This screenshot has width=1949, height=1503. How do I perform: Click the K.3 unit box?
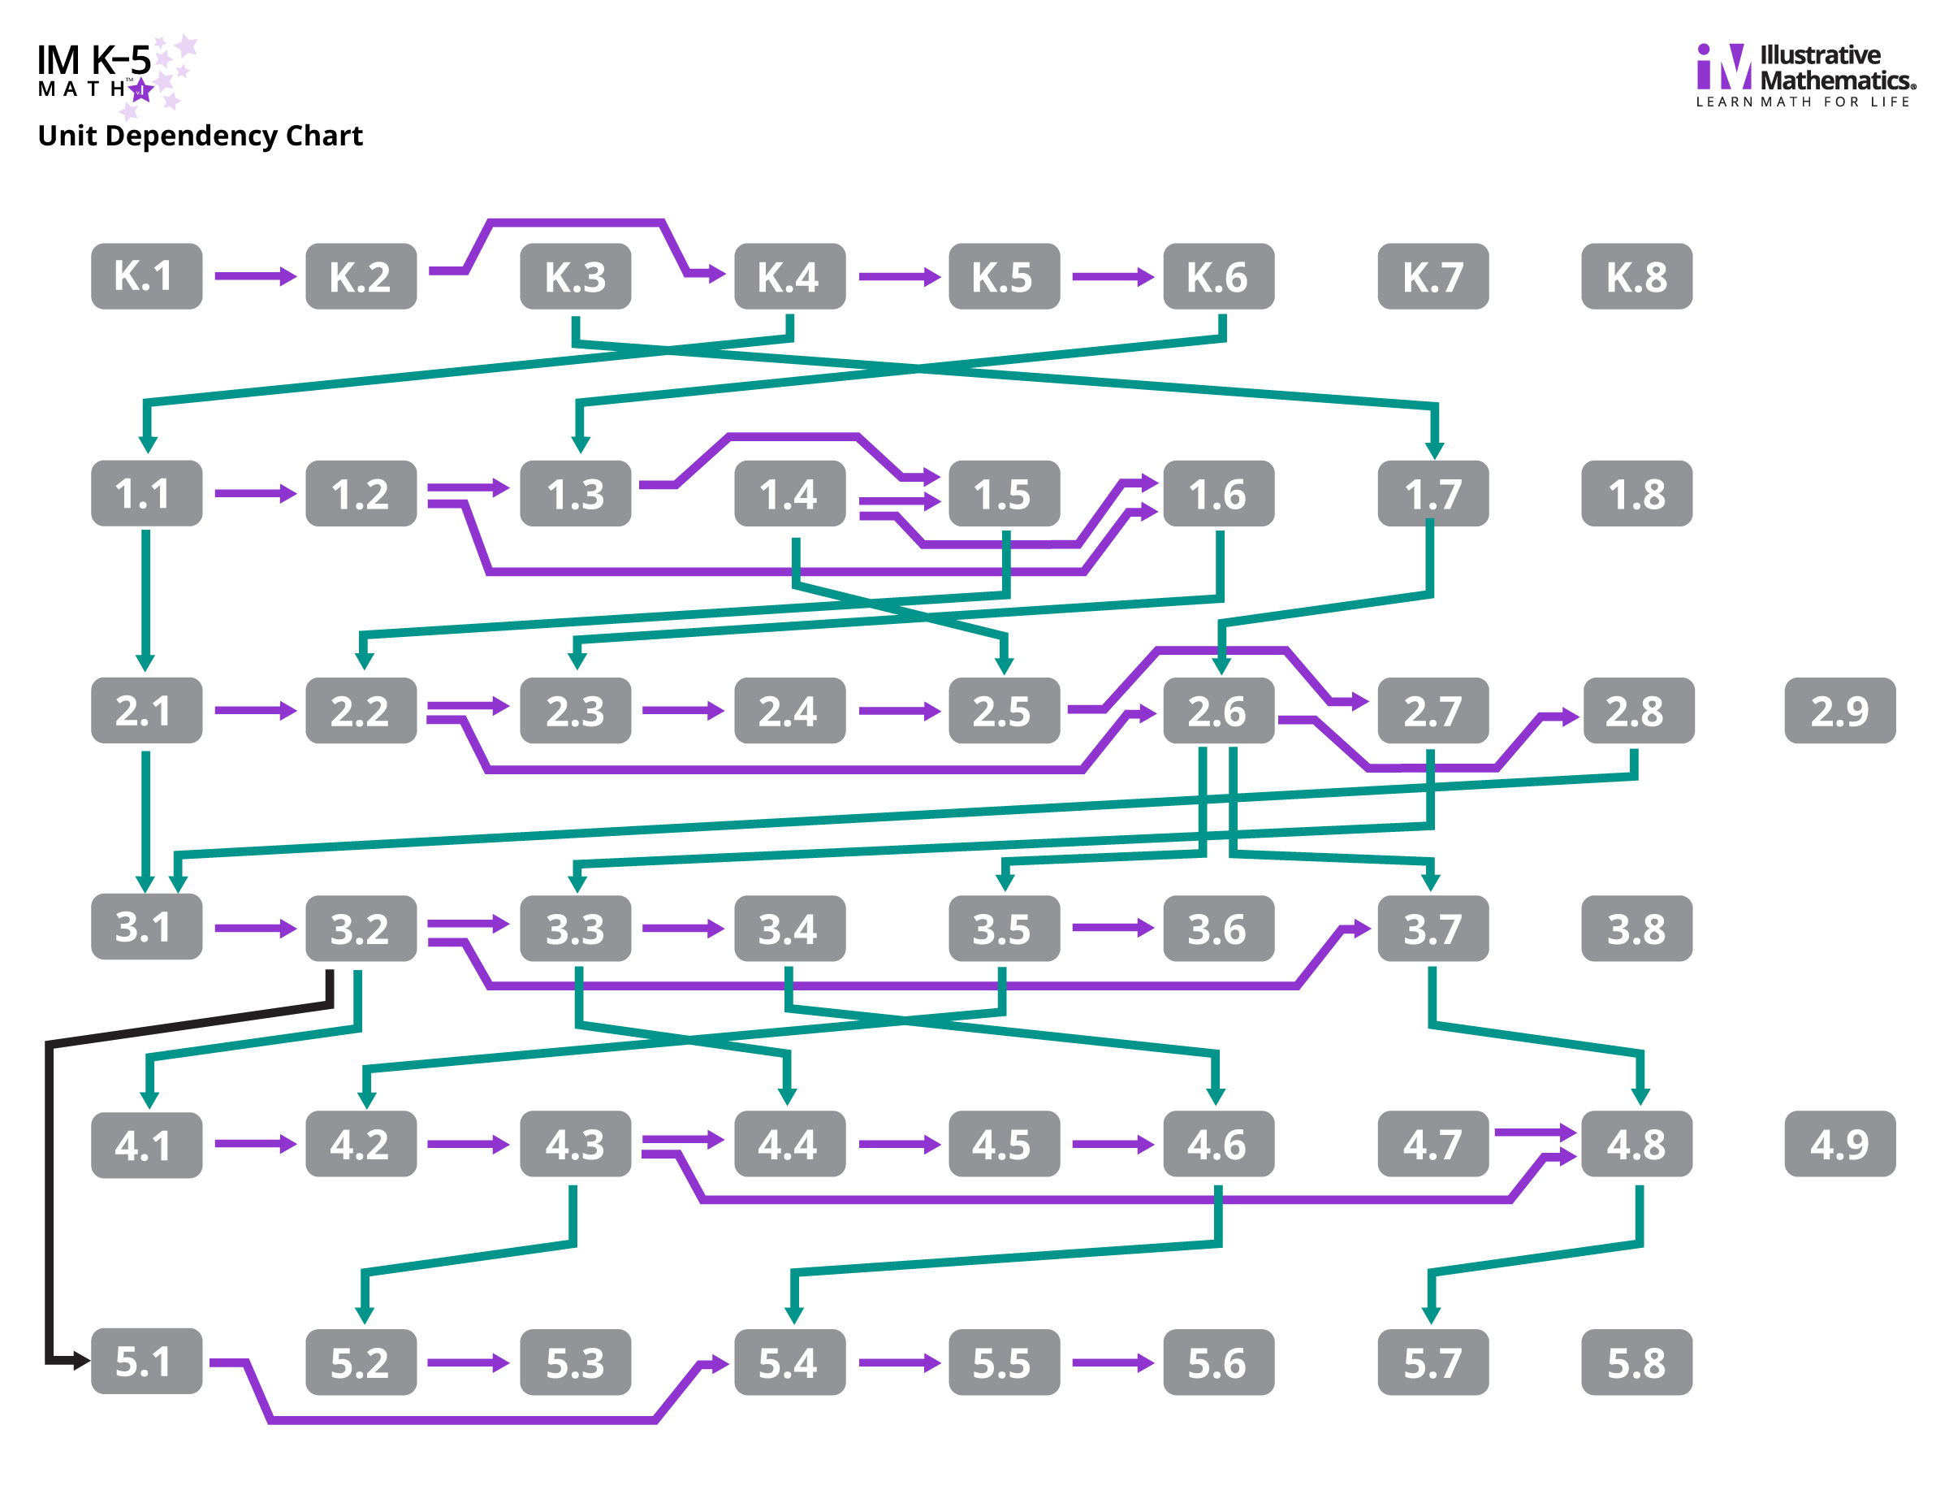click(576, 277)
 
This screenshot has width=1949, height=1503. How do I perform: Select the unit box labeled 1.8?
click(1636, 494)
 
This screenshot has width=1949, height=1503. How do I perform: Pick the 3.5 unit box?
click(1003, 929)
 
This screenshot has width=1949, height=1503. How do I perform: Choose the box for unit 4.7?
click(1433, 1144)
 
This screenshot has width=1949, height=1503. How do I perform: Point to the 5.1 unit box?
click(146, 1361)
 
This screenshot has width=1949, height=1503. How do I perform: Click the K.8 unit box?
click(1636, 277)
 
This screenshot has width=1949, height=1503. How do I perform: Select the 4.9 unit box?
click(1839, 1144)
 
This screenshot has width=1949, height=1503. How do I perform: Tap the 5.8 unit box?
click(1636, 1362)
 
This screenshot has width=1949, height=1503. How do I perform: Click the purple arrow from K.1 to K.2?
click(254, 277)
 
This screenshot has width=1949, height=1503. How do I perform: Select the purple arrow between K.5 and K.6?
click(1112, 277)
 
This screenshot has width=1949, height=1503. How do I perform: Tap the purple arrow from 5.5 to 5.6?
click(1112, 1363)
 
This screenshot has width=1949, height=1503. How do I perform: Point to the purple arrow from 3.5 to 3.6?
click(1112, 929)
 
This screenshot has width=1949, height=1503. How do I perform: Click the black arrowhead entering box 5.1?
click(81, 1361)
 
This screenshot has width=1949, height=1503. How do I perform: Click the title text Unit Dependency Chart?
click(200, 136)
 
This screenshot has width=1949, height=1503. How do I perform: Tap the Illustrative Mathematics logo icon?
click(1722, 67)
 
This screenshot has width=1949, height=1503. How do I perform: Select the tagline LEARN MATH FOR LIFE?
click(1803, 102)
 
